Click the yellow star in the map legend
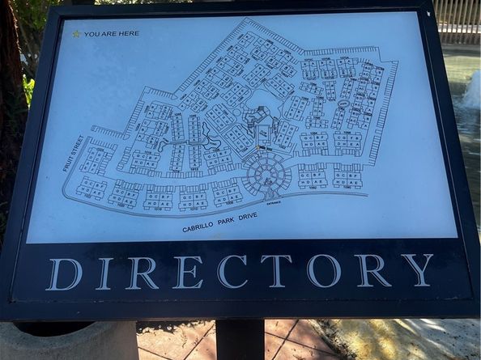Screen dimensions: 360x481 point(76,34)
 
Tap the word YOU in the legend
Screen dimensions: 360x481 point(92,34)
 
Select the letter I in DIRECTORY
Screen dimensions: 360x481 point(104,273)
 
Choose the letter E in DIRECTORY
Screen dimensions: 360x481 point(187,272)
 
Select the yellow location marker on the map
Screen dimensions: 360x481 point(258,147)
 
